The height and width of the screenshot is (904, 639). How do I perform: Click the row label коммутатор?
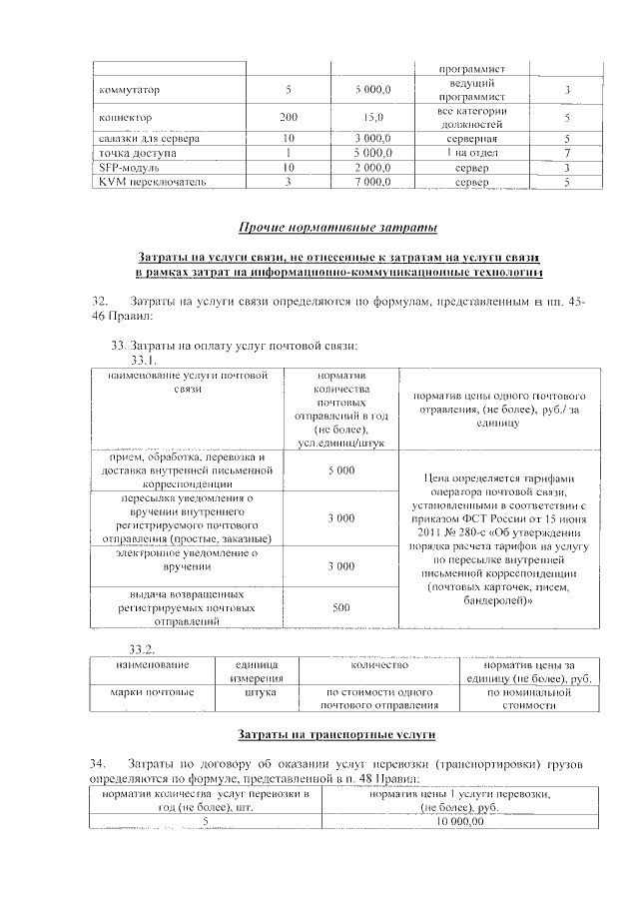coord(130,91)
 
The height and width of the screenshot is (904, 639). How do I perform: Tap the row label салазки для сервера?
coord(149,138)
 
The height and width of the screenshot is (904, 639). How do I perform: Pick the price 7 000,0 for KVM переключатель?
coord(372,183)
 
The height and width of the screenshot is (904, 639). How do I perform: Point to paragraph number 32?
coord(100,303)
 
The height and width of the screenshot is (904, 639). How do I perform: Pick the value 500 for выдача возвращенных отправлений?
coord(341,606)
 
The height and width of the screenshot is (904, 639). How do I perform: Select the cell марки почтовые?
coord(155,691)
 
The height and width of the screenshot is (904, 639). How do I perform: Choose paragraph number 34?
coord(100,764)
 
